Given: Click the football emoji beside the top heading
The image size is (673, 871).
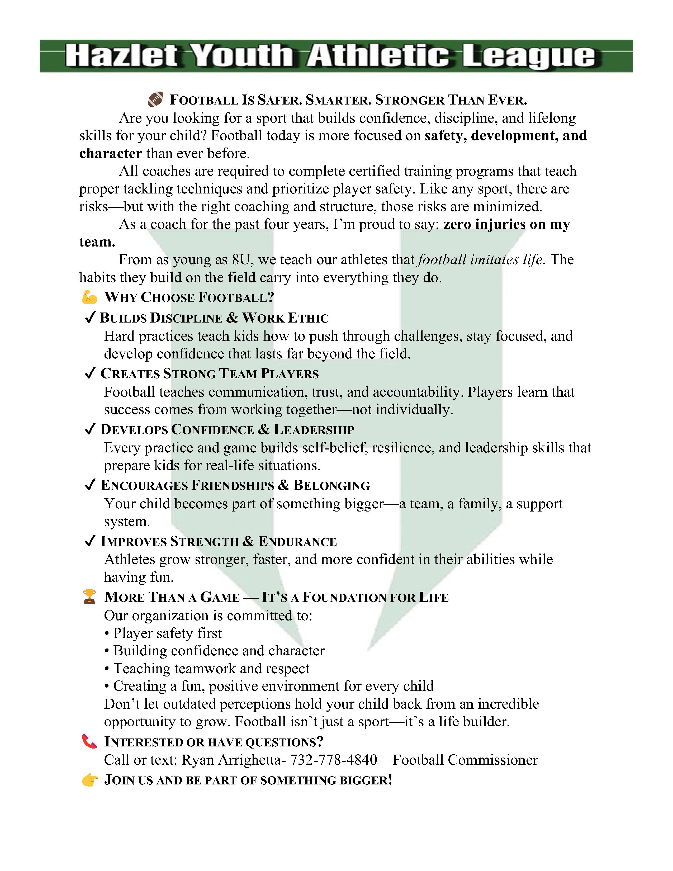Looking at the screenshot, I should pos(155,99).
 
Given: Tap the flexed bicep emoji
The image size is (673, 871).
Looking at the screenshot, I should pos(89,297).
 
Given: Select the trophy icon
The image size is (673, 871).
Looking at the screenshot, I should pos(89,597).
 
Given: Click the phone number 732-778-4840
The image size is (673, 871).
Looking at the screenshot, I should pos(333,760).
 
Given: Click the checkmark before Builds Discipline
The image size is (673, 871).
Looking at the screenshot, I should pos(90,318).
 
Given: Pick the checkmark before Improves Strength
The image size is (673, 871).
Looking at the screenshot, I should pos(90,541).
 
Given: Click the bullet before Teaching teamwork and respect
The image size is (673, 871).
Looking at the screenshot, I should pos(107,669).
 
